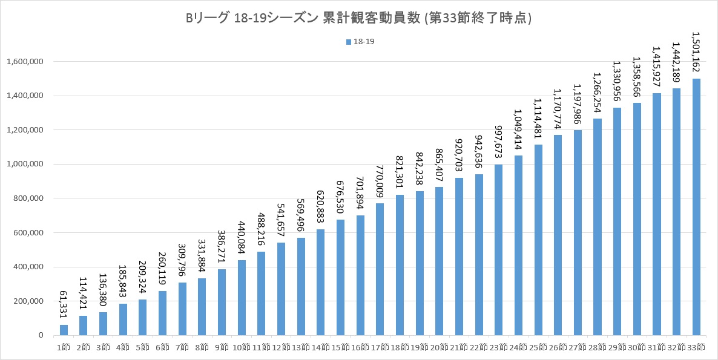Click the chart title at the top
click(358, 18)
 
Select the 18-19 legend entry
click(360, 42)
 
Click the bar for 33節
click(696, 207)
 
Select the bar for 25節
click(538, 240)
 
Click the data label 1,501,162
click(696, 52)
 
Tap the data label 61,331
click(64, 307)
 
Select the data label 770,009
click(380, 182)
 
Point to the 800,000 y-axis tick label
click(25, 198)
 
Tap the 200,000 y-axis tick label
click(25, 301)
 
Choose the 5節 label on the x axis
click(143, 347)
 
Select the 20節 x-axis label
click(440, 347)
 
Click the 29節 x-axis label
click(617, 347)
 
